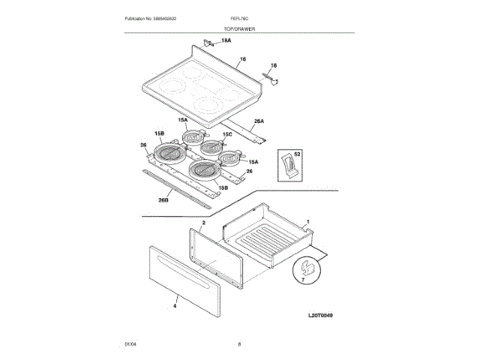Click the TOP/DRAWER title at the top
(240, 28)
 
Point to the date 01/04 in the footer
(130, 343)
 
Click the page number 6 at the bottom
(239, 343)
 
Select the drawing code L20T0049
(319, 316)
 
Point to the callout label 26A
(259, 121)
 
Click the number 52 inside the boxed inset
(297, 154)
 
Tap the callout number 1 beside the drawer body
(307, 223)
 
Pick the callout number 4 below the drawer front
(174, 306)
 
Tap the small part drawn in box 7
(306, 265)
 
